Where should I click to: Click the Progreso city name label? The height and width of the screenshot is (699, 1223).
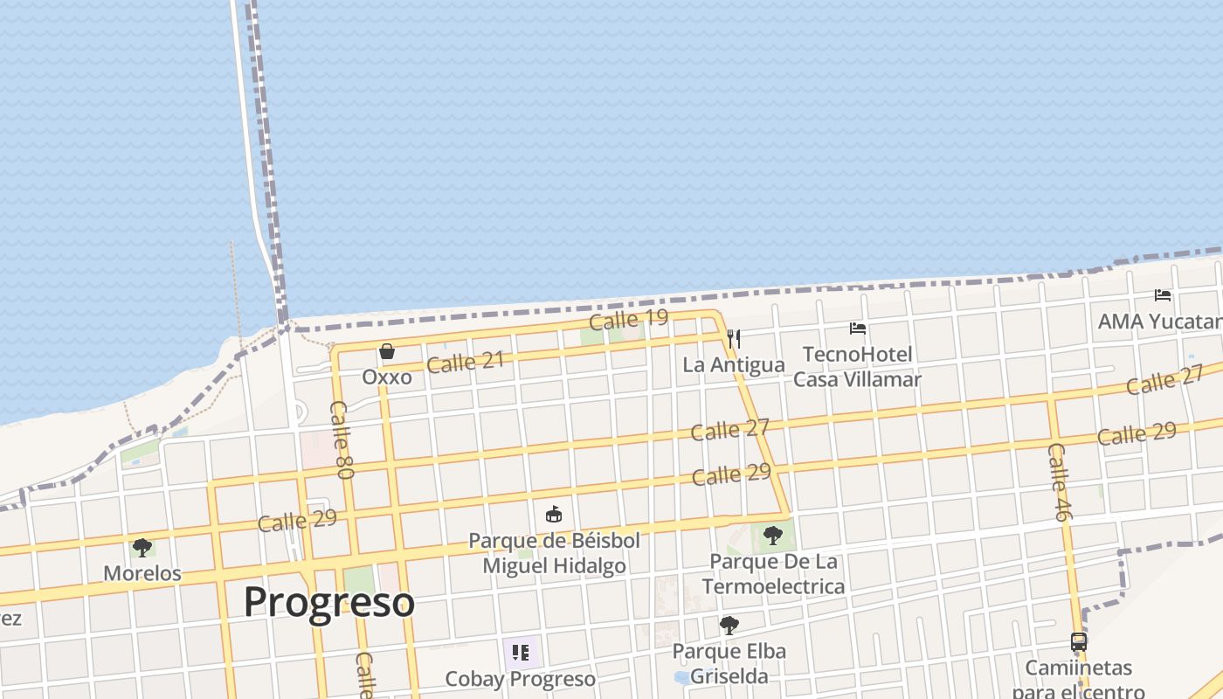point(328,602)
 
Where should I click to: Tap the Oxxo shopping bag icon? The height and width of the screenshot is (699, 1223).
point(387,351)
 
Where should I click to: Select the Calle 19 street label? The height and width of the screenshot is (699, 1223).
point(628,320)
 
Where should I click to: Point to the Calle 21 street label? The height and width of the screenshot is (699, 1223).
point(466,362)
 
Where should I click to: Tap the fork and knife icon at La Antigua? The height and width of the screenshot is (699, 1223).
point(734,338)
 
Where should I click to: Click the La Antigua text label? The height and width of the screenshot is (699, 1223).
point(734,365)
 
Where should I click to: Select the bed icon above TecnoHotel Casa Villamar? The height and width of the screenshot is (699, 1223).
point(858,329)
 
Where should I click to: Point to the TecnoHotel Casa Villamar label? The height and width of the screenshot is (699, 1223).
point(857,367)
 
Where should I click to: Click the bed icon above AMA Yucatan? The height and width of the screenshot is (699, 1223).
point(1163,295)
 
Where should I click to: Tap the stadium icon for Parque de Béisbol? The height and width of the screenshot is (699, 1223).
point(554,515)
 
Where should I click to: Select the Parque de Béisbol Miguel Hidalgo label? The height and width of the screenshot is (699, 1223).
point(555,553)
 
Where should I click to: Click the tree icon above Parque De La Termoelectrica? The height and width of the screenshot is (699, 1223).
point(772,535)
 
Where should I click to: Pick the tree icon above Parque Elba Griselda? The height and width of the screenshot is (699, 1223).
point(729,625)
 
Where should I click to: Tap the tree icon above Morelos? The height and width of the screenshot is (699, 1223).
point(142,548)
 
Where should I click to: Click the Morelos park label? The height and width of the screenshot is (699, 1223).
point(142,574)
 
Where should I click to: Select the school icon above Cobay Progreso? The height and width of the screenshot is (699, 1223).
point(521,652)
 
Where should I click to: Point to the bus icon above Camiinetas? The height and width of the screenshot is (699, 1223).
point(1079,642)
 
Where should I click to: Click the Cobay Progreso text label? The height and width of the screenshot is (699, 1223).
point(521,679)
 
